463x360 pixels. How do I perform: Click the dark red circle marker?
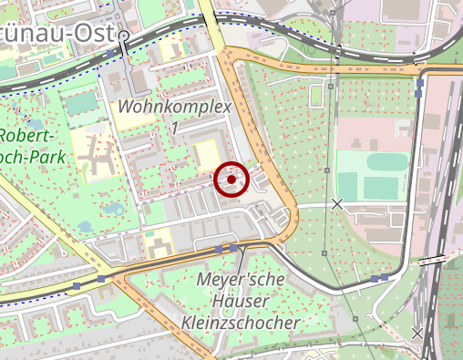[231, 180]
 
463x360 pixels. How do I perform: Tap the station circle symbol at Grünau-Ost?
[124, 36]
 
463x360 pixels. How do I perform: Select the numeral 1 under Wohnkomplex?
[174, 129]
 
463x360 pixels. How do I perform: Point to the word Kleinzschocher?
[241, 324]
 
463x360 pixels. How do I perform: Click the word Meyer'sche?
[240, 280]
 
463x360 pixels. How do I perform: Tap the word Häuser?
[241, 302]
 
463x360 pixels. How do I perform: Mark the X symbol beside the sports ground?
[337, 204]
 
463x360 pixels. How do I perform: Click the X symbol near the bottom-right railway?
[417, 334]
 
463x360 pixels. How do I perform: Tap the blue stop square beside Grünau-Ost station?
[111, 55]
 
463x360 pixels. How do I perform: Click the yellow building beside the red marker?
[207, 155]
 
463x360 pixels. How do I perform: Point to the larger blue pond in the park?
[113, 210]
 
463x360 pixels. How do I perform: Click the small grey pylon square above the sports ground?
[326, 170]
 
